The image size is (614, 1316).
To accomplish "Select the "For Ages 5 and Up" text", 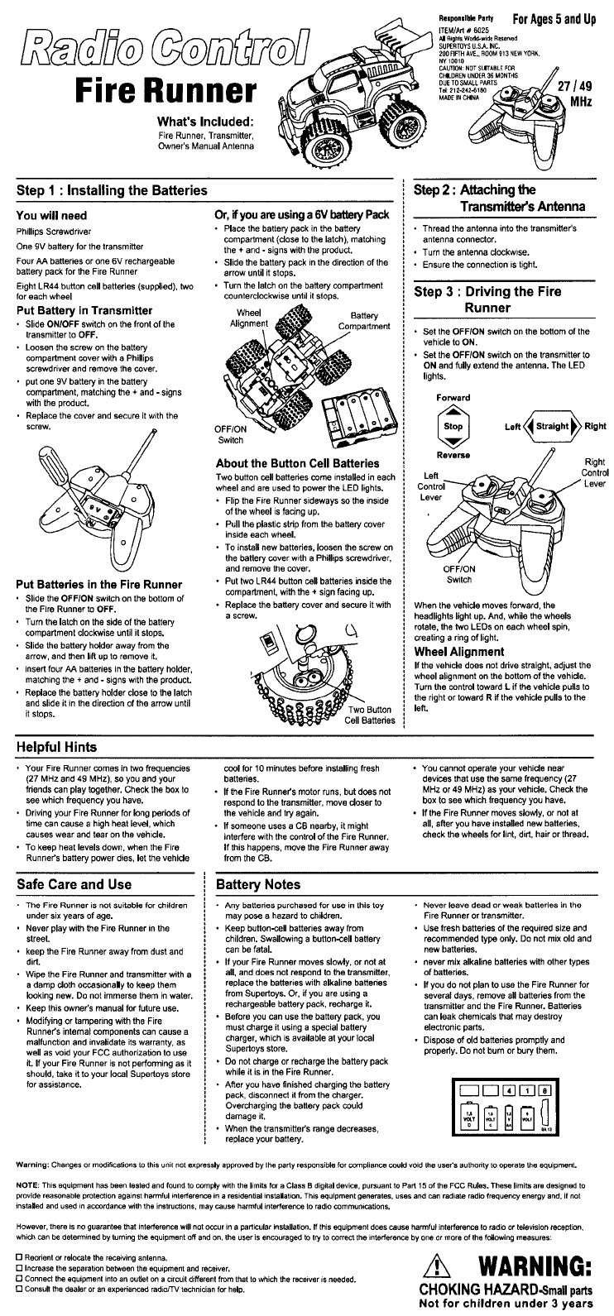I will [554, 18].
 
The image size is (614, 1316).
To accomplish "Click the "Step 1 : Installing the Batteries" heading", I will [112, 190].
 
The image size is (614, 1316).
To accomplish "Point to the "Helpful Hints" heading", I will [57, 748].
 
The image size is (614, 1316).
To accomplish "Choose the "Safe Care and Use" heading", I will [74, 883].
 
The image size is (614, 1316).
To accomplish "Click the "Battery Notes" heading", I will [258, 884].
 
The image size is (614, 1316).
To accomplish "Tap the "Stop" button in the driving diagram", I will [453, 427].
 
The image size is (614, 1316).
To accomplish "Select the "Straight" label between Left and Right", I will [552, 427].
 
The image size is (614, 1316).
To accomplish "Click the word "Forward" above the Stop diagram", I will [453, 397].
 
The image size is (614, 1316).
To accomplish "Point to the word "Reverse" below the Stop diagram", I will [453, 455].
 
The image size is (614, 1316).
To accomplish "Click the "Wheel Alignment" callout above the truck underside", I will [249, 318].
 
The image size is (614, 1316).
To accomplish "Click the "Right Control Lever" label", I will [594, 472].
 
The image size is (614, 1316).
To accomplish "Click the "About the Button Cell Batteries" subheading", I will [297, 463].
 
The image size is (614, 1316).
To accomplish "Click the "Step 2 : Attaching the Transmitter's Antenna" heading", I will [499, 197].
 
